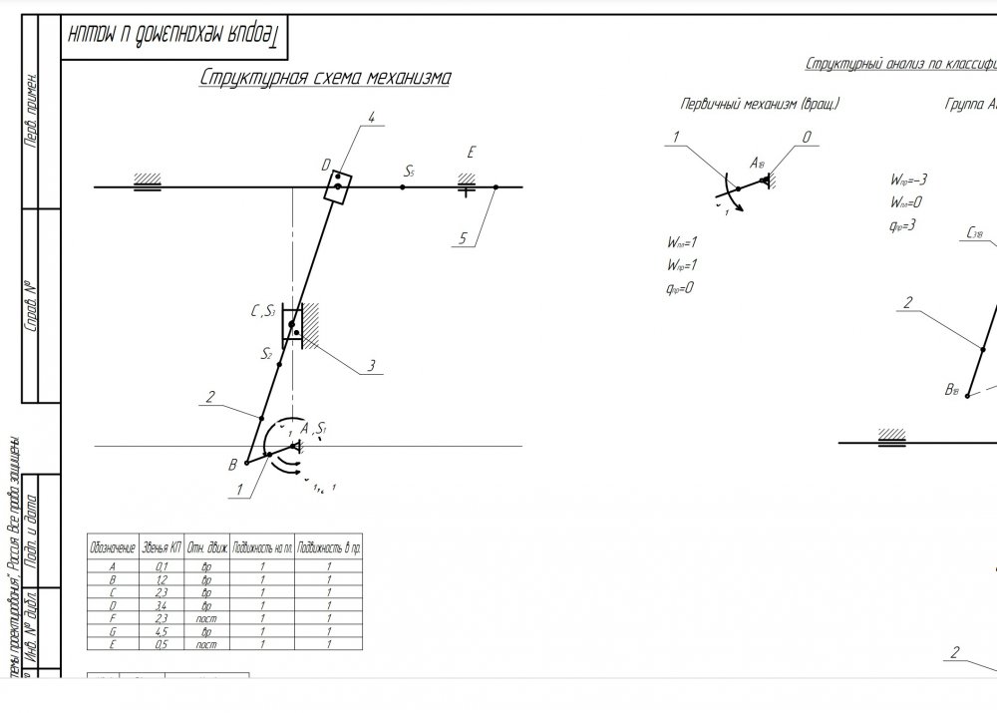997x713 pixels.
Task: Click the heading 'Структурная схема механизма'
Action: (324, 78)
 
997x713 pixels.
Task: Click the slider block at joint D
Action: (338, 186)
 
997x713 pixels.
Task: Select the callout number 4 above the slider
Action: (371, 118)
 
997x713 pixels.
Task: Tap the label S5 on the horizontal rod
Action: (409, 173)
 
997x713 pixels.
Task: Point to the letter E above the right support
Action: (471, 153)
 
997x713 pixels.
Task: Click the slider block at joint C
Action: (293, 326)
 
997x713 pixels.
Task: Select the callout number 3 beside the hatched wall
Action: (371, 366)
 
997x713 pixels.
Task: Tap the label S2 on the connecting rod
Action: (266, 353)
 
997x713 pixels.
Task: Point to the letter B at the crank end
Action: (233, 464)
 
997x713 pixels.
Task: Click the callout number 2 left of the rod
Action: (210, 397)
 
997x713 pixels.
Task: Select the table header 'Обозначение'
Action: (112, 548)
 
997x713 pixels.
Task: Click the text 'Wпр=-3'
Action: (909, 180)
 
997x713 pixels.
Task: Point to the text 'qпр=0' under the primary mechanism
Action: (681, 288)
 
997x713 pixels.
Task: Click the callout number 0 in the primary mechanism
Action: (808, 138)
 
